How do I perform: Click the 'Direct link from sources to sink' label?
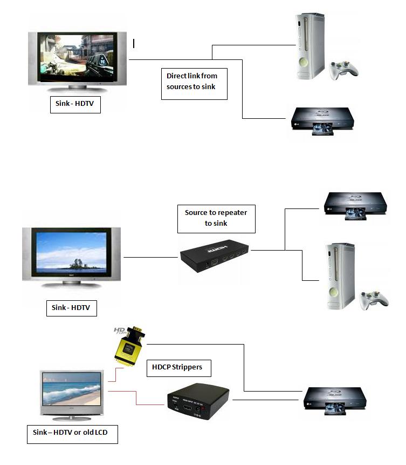(x=194, y=83)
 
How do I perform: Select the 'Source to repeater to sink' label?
(x=216, y=218)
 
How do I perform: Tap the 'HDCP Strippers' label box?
(x=178, y=367)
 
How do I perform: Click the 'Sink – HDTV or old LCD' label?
(x=72, y=434)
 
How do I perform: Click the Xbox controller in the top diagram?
(x=344, y=69)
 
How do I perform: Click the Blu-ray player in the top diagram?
(x=321, y=119)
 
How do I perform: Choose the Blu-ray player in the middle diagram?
(x=354, y=204)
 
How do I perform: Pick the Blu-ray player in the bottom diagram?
(x=335, y=400)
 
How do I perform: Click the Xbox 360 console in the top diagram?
(x=310, y=47)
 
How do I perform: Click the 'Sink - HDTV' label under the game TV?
(x=76, y=104)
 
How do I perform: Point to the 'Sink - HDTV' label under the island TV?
(x=71, y=308)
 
